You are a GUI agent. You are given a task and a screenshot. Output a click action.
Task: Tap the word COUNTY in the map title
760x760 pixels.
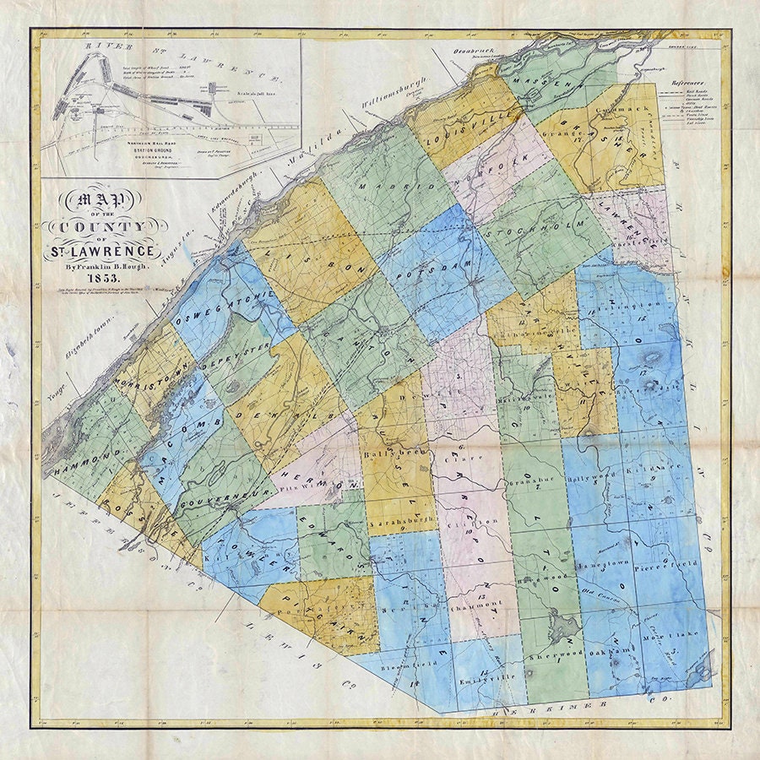coord(107,227)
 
